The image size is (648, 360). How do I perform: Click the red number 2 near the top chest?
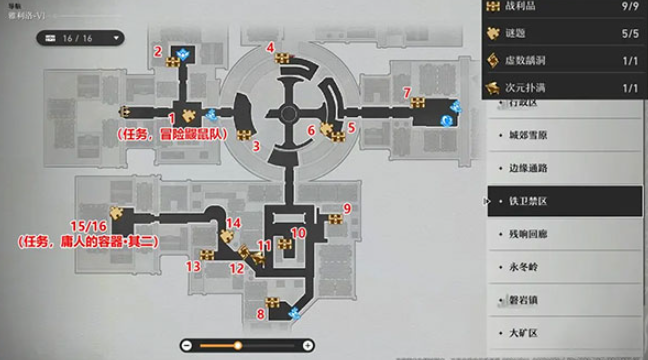(x=158, y=51)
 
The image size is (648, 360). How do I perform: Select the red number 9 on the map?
(x=347, y=208)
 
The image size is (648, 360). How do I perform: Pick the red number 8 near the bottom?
(x=261, y=314)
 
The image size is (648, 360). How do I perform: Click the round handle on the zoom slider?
(x=237, y=346)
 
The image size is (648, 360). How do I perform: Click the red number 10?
(x=297, y=232)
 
